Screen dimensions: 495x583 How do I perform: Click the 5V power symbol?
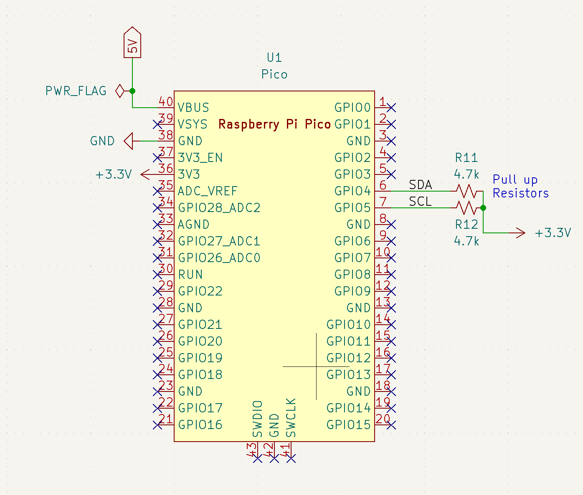coord(132,43)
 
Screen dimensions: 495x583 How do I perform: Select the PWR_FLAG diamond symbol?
coord(120,91)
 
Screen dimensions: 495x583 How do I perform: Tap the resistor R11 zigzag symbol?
coord(466,191)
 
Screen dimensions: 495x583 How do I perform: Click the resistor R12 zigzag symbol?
coord(466,207)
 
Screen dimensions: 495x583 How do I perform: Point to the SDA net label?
coord(420,185)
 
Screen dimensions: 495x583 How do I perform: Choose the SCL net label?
coord(420,202)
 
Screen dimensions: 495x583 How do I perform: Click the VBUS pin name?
coord(193,108)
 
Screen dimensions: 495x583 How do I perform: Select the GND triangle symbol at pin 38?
coord(128,141)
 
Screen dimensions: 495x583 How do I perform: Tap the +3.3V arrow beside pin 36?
coord(145,174)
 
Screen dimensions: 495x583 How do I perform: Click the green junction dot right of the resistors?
coord(483,208)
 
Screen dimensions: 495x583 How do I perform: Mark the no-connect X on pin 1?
coord(391,108)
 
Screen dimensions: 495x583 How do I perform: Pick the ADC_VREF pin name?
coord(208,191)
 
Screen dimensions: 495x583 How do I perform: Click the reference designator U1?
coord(274,58)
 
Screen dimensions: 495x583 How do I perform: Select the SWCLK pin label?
coord(291,418)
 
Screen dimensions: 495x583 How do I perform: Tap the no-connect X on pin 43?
coord(258,458)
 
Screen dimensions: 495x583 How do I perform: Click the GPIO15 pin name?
coord(348,425)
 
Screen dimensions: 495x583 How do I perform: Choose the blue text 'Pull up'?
coord(515,180)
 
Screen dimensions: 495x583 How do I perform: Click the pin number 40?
coord(166,101)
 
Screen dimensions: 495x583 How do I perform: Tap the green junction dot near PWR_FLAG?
coord(132,91)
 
